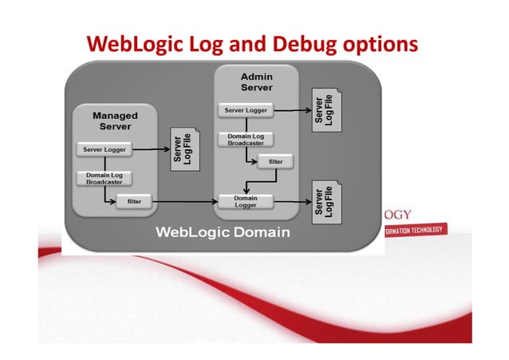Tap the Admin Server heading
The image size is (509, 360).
click(x=256, y=81)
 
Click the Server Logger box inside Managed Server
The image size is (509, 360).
click(x=102, y=149)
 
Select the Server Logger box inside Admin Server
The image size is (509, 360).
click(x=246, y=109)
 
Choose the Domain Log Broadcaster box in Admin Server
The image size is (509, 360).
click(x=246, y=140)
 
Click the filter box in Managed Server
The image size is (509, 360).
click(x=134, y=202)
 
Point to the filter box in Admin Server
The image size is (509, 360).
click(x=274, y=162)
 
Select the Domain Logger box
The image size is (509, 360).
click(x=246, y=201)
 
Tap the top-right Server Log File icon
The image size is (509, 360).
click(x=324, y=109)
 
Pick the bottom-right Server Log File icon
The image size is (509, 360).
click(x=324, y=201)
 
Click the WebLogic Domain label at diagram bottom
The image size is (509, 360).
click(x=223, y=232)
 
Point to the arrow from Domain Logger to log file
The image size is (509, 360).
click(x=291, y=202)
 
